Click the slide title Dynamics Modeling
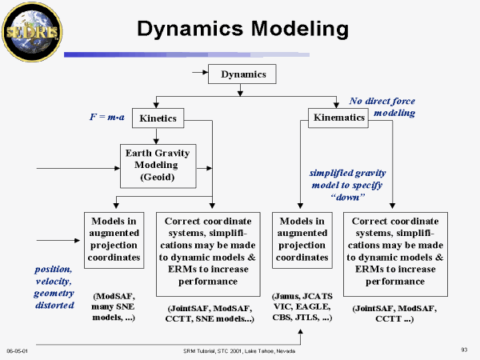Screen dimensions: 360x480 click(242, 30)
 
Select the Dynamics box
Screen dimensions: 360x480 click(242, 75)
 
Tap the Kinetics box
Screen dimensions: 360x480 click(158, 118)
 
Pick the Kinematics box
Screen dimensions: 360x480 click(338, 118)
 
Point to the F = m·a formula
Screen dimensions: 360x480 click(107, 117)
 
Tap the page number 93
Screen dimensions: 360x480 click(464, 350)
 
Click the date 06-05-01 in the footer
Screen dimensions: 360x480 click(17, 350)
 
